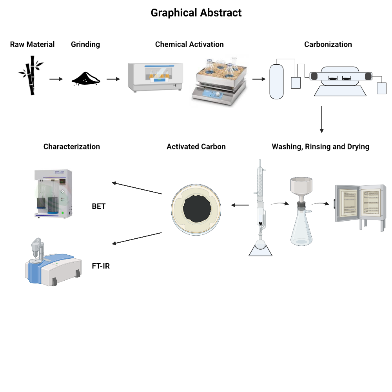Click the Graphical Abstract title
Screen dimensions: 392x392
[x=196, y=13]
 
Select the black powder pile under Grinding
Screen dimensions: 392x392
[x=86, y=78]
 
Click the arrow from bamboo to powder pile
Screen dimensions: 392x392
[x=56, y=79]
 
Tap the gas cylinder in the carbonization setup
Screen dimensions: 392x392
[x=276, y=82]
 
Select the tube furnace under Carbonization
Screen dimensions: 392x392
[x=340, y=81]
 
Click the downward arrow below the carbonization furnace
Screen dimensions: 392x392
[x=322, y=120]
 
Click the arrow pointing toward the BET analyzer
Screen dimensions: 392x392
[x=137, y=188]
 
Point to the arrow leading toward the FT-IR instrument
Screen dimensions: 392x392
[x=137, y=238]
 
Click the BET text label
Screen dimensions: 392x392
[x=99, y=206]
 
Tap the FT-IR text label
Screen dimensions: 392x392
[x=101, y=266]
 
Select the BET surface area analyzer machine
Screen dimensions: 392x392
[x=53, y=194]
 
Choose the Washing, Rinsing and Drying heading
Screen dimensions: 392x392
[x=321, y=147]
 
